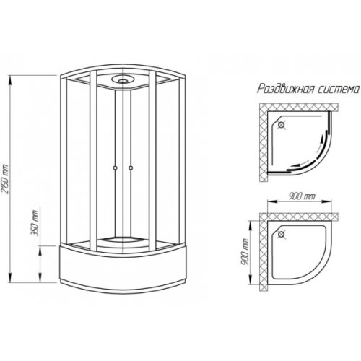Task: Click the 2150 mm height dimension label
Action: [x=6, y=178]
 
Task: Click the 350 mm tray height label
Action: [x=35, y=222]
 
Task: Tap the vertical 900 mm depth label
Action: [x=245, y=252]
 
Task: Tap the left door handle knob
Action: [x=116, y=168]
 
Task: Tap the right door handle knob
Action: [x=131, y=168]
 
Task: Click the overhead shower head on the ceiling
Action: [x=123, y=79]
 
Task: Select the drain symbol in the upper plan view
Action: [x=281, y=125]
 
